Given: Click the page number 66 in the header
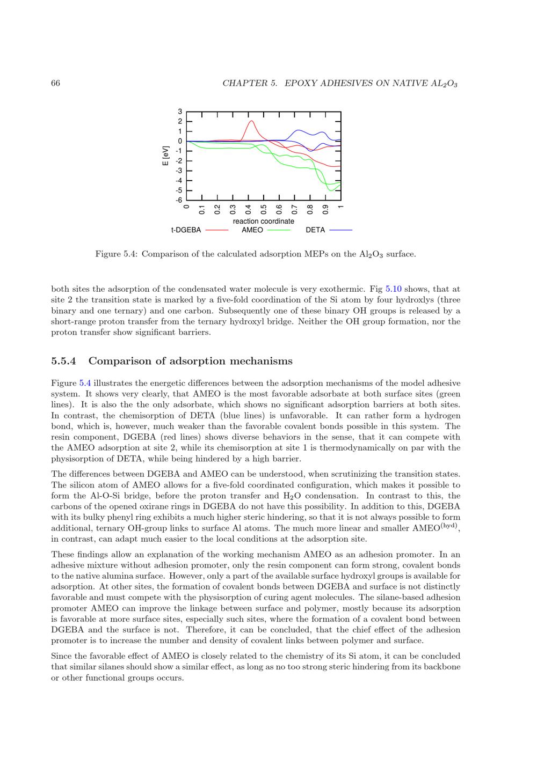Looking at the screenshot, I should (x=55, y=83).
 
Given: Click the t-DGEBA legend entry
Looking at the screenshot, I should (x=186, y=230).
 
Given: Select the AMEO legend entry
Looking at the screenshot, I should (x=252, y=230).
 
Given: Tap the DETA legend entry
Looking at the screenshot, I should (x=315, y=230).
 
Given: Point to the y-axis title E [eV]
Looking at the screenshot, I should (x=166, y=156).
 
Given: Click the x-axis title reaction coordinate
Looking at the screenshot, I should (x=263, y=221).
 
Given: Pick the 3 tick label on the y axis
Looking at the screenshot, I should (x=180, y=112).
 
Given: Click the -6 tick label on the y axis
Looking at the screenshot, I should (x=179, y=200).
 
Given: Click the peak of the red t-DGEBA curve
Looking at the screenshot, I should (x=251, y=121).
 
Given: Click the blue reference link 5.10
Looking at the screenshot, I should (x=394, y=289).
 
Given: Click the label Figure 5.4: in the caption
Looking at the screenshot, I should (x=116, y=254).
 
